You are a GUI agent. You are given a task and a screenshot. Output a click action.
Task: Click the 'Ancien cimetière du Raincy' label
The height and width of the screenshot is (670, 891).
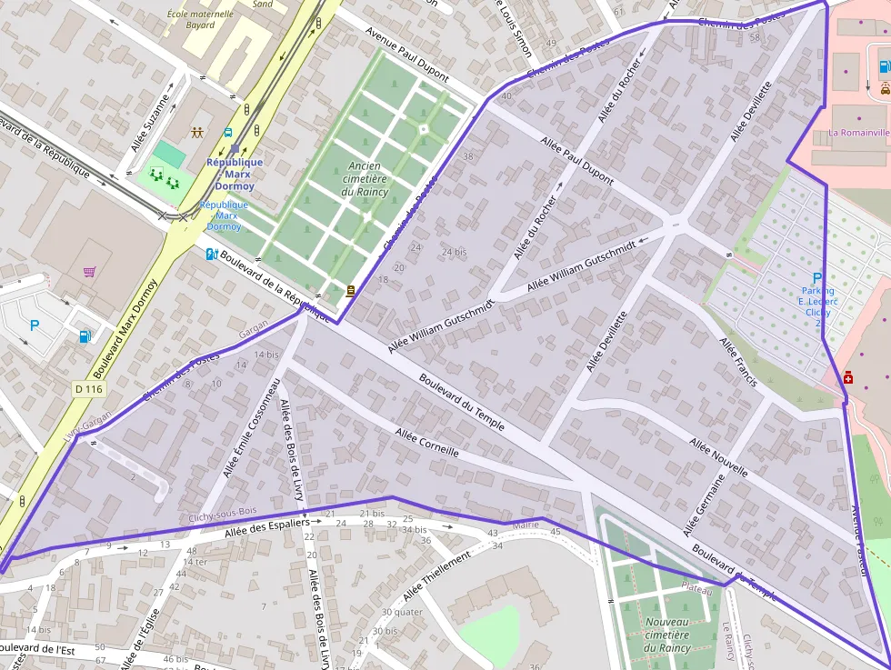pyautogui.click(x=365, y=179)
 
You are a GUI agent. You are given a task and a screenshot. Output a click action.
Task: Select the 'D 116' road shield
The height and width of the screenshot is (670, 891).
pyautogui.click(x=89, y=389)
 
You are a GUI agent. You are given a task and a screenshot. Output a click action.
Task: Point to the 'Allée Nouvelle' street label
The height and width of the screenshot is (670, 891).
pyautogui.click(x=718, y=457)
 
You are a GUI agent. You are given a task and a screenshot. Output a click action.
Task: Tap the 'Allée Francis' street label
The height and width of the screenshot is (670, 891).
pyautogui.click(x=738, y=362)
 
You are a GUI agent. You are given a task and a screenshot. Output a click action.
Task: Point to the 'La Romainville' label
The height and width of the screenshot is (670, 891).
pyautogui.click(x=858, y=133)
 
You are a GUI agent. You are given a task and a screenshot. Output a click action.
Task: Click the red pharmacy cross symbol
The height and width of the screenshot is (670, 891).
pyautogui.click(x=848, y=377)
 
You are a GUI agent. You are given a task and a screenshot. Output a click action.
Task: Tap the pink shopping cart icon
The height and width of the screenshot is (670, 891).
pyautogui.click(x=89, y=271)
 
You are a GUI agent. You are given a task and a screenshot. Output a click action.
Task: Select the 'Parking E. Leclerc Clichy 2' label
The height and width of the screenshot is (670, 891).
pyautogui.click(x=816, y=300)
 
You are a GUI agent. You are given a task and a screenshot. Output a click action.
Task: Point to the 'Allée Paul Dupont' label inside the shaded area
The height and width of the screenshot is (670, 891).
pyautogui.click(x=576, y=160)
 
